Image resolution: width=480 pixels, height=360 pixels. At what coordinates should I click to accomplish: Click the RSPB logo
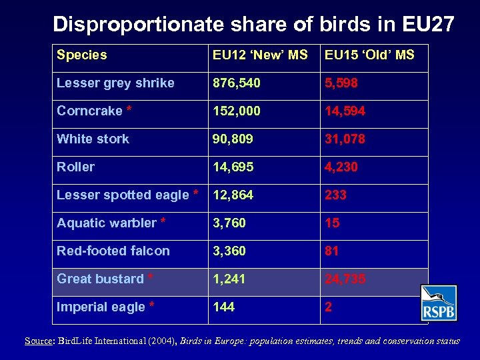pyautogui.click(x=439, y=303)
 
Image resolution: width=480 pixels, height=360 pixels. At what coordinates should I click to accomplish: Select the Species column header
pyautogui.click(x=81, y=55)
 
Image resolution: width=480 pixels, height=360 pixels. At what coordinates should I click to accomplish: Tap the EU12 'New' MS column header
pyautogui.click(x=259, y=55)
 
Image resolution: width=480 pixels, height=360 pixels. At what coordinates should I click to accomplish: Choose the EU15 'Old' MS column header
pyautogui.click(x=369, y=55)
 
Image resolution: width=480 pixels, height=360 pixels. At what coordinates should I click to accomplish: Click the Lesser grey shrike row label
pyautogui.click(x=115, y=83)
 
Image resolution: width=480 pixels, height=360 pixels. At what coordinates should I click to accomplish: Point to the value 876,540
pyautogui.click(x=237, y=83)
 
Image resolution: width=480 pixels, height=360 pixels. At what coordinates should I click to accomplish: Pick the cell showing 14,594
pyautogui.click(x=345, y=111)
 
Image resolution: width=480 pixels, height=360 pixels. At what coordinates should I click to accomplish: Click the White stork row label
pyautogui.click(x=93, y=139)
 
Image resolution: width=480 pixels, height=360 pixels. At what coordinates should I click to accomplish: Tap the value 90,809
pyautogui.click(x=233, y=139)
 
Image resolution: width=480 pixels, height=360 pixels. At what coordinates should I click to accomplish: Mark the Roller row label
pyautogui.click(x=75, y=167)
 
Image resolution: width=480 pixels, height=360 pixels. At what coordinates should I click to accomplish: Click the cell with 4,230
pyautogui.click(x=342, y=167)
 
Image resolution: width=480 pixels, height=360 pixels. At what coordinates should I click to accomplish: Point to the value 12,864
pyautogui.click(x=233, y=195)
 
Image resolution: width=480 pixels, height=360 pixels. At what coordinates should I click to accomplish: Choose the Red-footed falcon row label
pyautogui.click(x=113, y=251)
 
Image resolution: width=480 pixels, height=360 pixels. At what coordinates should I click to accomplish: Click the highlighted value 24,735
pyautogui.click(x=345, y=279)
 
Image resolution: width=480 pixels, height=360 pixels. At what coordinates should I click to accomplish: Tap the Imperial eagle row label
pyautogui.click(x=106, y=307)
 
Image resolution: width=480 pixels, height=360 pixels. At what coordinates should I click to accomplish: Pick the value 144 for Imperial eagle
pyautogui.click(x=224, y=307)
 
